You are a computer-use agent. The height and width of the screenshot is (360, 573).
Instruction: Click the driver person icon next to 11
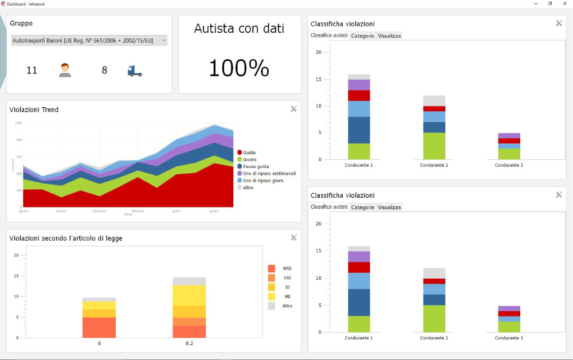point(65,71)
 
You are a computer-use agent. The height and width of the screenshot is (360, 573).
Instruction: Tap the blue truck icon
point(135,71)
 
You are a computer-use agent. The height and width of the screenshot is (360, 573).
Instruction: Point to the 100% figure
point(239,68)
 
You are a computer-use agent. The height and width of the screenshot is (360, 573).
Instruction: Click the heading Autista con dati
point(239,29)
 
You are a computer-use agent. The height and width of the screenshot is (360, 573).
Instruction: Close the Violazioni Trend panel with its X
point(293,109)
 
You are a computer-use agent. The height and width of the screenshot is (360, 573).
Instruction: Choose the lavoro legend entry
point(249,159)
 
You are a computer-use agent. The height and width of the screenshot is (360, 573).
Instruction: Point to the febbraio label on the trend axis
point(138,211)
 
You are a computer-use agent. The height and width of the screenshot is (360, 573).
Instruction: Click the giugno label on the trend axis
point(214,211)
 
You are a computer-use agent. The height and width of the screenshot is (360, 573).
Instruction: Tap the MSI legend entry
point(286,268)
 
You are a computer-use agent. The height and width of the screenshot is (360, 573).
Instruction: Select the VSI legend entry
point(286,277)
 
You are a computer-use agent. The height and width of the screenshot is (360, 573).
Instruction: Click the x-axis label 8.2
point(189,343)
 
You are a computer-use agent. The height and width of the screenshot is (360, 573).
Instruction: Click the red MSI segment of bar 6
point(99,327)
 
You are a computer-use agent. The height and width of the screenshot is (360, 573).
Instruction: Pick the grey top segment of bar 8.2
point(189,281)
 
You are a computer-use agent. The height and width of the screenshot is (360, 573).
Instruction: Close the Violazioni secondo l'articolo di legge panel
point(293,237)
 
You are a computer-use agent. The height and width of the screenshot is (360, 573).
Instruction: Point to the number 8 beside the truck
point(104,71)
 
